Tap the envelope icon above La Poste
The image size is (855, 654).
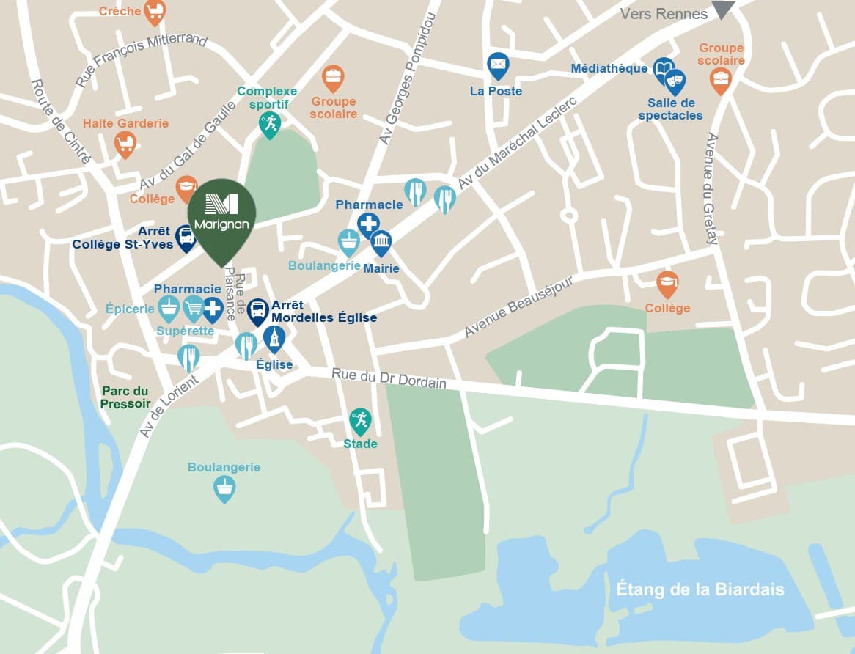click(x=498, y=66)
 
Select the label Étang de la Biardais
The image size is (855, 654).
click(x=700, y=589)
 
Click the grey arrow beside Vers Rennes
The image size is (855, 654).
click(x=723, y=10)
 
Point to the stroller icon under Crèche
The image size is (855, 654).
click(x=154, y=11)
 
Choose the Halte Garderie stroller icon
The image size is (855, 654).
click(x=125, y=144)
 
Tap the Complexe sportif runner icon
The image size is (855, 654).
click(x=270, y=123)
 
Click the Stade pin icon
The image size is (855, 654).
click(x=359, y=421)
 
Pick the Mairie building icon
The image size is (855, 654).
click(x=381, y=242)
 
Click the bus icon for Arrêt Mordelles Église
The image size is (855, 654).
click(x=257, y=311)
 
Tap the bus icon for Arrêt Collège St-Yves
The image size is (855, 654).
click(x=186, y=237)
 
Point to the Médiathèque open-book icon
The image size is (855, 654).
click(x=663, y=70)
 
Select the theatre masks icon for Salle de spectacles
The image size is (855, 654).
click(x=675, y=80)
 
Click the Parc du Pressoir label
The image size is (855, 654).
click(x=125, y=397)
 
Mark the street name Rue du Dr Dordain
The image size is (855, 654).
click(x=389, y=378)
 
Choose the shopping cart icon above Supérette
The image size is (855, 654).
click(x=193, y=308)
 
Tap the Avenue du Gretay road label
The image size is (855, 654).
click(x=711, y=188)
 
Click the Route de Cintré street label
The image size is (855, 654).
click(x=61, y=121)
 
